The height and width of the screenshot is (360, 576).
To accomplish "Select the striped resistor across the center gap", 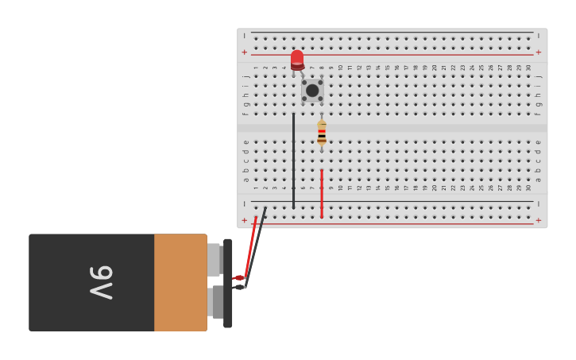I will [x=322, y=132].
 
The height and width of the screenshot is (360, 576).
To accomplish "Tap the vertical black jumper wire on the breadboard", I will [x=293, y=159].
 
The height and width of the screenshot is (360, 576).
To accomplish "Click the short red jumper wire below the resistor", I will [x=322, y=192].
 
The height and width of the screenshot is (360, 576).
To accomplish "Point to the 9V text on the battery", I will [x=101, y=282].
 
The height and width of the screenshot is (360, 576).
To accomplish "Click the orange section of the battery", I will [x=180, y=282].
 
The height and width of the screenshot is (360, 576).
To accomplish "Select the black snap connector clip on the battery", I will [x=228, y=283].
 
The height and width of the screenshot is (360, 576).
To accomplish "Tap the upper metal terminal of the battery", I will [x=214, y=259].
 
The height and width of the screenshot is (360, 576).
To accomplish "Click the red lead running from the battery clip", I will [x=250, y=246].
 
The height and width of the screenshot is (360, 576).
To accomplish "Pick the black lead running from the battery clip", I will [x=257, y=246].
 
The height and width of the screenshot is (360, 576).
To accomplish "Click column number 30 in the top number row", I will [x=529, y=68].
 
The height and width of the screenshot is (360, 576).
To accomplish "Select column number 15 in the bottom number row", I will [x=388, y=188].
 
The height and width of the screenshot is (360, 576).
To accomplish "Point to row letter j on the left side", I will [x=245, y=76].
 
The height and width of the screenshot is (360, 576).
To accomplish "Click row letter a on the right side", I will [x=539, y=180].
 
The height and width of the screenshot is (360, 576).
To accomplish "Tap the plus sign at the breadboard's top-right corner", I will [x=539, y=52].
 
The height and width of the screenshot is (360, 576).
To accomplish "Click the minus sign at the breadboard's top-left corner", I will [x=245, y=36].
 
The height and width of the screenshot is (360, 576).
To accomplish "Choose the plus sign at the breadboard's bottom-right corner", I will [x=539, y=220].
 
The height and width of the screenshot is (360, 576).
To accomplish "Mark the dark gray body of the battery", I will [x=91, y=282].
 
